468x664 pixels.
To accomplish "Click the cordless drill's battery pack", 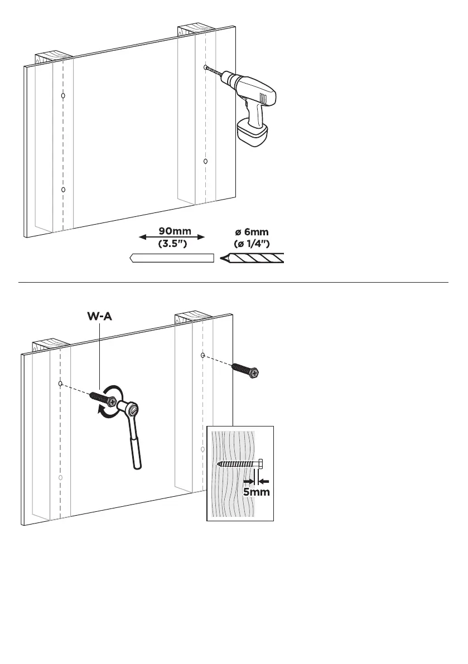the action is [253, 133].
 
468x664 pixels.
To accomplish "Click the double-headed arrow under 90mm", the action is [172, 238].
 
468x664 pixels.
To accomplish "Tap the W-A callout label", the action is [99, 316].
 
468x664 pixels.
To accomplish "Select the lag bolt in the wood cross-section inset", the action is [240, 463].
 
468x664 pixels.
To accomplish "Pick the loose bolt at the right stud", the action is [246, 370].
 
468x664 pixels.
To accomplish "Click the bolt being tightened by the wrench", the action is [102, 399].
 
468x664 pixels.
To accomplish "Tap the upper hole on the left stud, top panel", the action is [63, 96].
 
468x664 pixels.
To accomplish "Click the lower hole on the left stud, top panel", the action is [63, 190].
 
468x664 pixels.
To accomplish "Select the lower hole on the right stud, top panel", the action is [205, 161].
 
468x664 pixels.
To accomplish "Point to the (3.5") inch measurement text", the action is [172, 244].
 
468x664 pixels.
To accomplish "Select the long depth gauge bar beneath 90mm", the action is [172, 258].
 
